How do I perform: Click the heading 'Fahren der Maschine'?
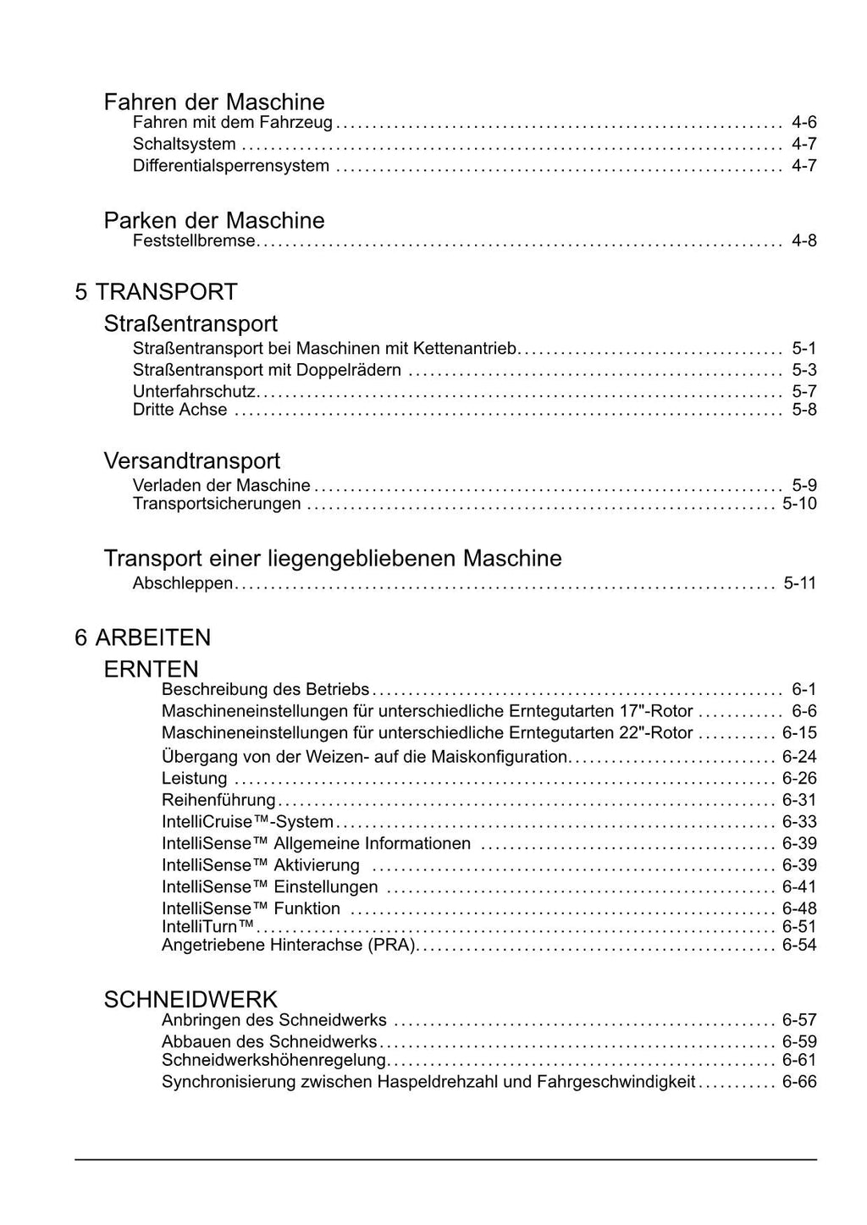coord(213,102)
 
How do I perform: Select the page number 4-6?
coord(803,123)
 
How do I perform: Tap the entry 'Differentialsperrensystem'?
coord(231,166)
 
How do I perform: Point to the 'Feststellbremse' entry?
coord(194,241)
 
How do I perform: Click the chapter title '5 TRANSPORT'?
coord(156,292)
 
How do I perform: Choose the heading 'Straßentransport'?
coord(191,323)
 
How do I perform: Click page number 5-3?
coord(803,370)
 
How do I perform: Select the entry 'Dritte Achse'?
coord(180,411)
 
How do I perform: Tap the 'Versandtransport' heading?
coord(191,461)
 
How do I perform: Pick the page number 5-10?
coord(799,505)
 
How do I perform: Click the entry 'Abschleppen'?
coord(183,583)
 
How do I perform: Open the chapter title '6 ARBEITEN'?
coord(142,637)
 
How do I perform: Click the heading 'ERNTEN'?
coord(151,669)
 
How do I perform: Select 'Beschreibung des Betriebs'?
coord(266,690)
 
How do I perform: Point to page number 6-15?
coord(799,733)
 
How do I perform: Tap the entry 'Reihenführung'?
coord(218,801)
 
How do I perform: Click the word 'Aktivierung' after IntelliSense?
coord(317,866)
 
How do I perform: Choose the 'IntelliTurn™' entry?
coord(208,927)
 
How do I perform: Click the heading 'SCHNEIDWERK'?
coord(191,1000)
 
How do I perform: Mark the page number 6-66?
coord(799,1082)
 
